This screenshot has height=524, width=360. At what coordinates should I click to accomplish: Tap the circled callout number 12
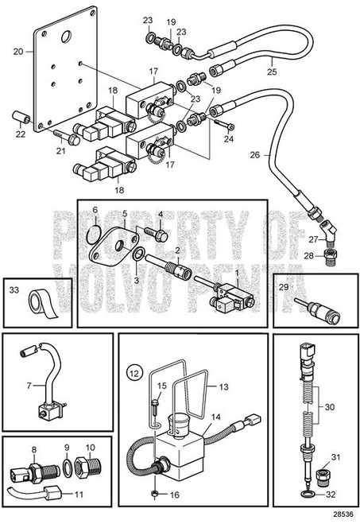click(x=135, y=372)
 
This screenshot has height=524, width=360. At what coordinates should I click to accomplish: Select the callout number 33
click(x=15, y=292)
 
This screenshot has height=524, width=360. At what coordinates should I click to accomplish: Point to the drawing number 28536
click(x=343, y=515)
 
